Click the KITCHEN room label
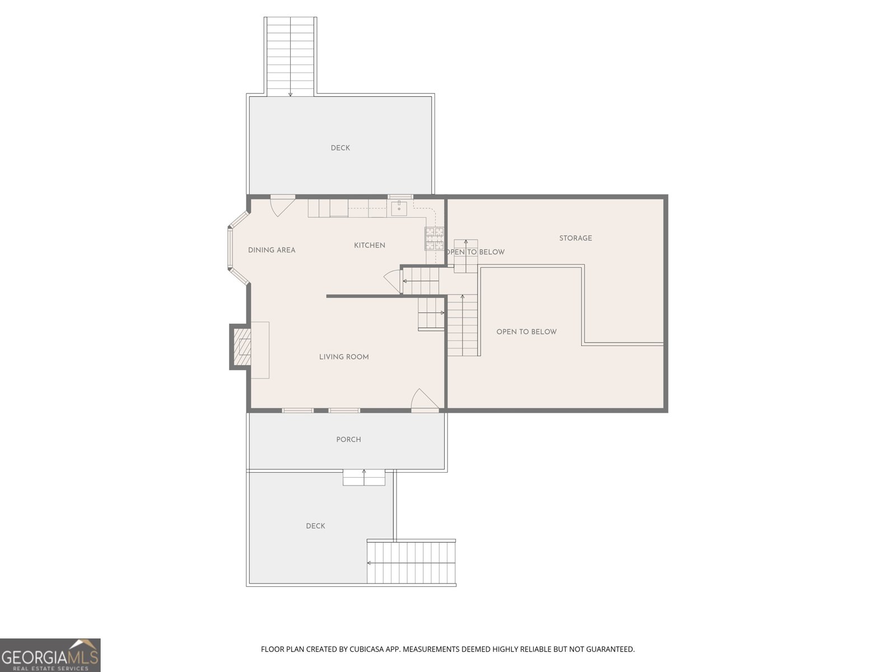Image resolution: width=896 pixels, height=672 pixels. [x=370, y=245]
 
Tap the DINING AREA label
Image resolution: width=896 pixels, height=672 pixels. [x=272, y=250]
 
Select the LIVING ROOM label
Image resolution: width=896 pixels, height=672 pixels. [x=344, y=357]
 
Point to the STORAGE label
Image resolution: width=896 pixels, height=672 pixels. [x=576, y=239]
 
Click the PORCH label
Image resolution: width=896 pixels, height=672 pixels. [x=349, y=440]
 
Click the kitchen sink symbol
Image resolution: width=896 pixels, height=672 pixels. [x=399, y=208]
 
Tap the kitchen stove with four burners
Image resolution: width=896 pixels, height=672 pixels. [x=435, y=239]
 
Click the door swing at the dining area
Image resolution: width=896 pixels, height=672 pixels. [x=282, y=205]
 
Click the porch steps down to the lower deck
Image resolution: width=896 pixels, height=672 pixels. [x=363, y=477]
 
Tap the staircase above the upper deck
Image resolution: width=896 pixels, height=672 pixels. [x=290, y=57]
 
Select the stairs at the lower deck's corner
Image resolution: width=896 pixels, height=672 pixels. [x=411, y=563]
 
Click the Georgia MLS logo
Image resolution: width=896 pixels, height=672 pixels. [x=50, y=655]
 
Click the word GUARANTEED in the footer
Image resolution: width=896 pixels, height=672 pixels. [x=611, y=648]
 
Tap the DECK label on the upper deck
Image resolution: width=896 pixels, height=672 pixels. [x=340, y=148]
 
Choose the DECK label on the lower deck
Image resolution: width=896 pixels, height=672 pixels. [x=315, y=526]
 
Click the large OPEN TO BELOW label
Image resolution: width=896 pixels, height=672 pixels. [x=526, y=332]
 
